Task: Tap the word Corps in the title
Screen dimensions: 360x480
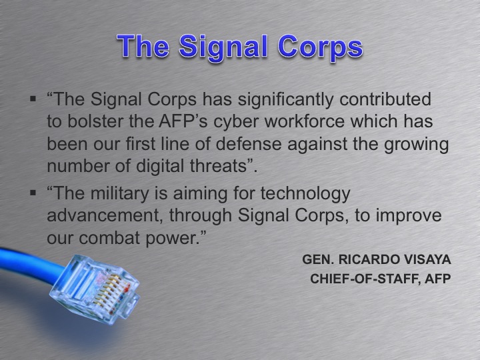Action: coord(319,47)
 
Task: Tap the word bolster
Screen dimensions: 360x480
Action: coord(88,122)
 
